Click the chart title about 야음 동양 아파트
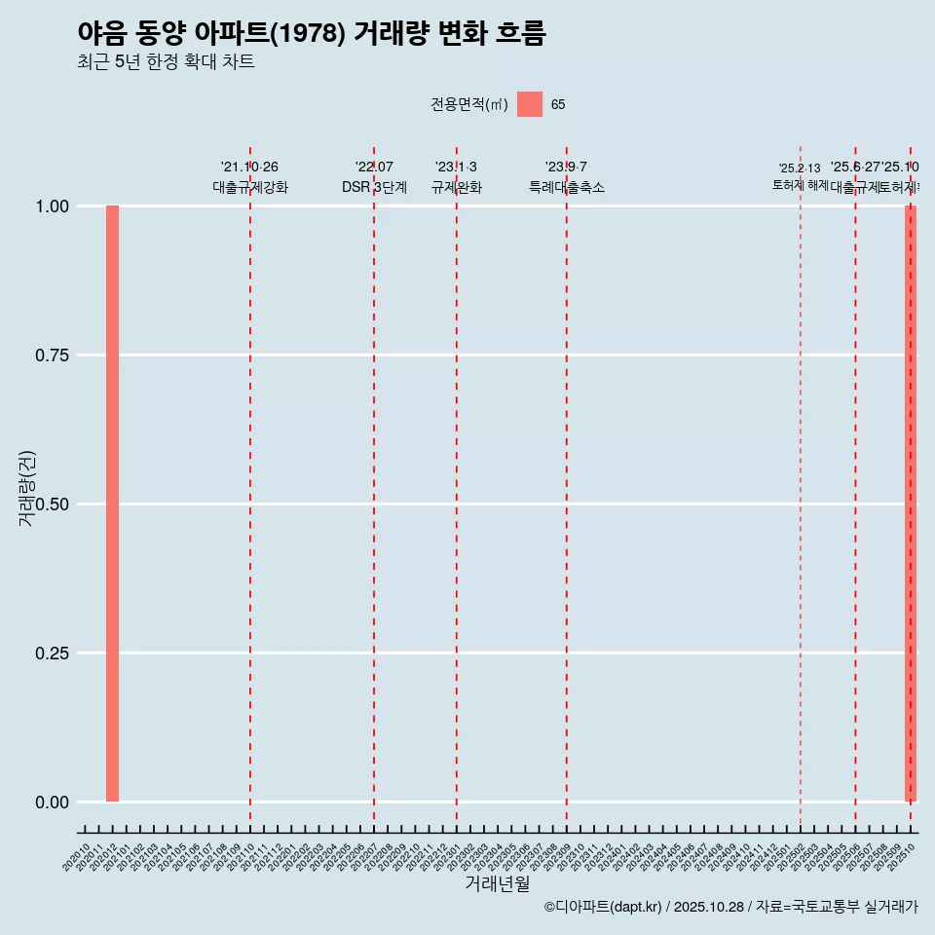pyautogui.click(x=312, y=33)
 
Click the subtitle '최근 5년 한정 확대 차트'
pyautogui.click(x=166, y=62)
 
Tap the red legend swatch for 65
pyautogui.click(x=529, y=104)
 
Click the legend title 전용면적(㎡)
pyautogui.click(x=469, y=105)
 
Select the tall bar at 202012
pyautogui.click(x=112, y=504)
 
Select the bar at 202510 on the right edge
pyautogui.click(x=911, y=504)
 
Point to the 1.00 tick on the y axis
pyautogui.click(x=52, y=206)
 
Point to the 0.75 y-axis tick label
pyautogui.click(x=52, y=355)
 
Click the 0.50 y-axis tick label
pyautogui.click(x=52, y=505)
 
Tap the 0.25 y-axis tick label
pyautogui.click(x=52, y=654)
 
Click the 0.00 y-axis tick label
pyautogui.click(x=52, y=803)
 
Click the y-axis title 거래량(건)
pyautogui.click(x=27, y=488)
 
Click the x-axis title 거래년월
pyautogui.click(x=497, y=883)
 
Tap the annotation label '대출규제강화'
pyautogui.click(x=250, y=187)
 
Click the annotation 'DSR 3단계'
pyautogui.click(x=374, y=187)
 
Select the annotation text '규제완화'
pyautogui.click(x=456, y=187)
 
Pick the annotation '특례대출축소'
pyautogui.click(x=567, y=187)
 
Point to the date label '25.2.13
pyautogui.click(x=800, y=168)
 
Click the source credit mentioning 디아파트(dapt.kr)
pyautogui.click(x=730, y=908)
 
